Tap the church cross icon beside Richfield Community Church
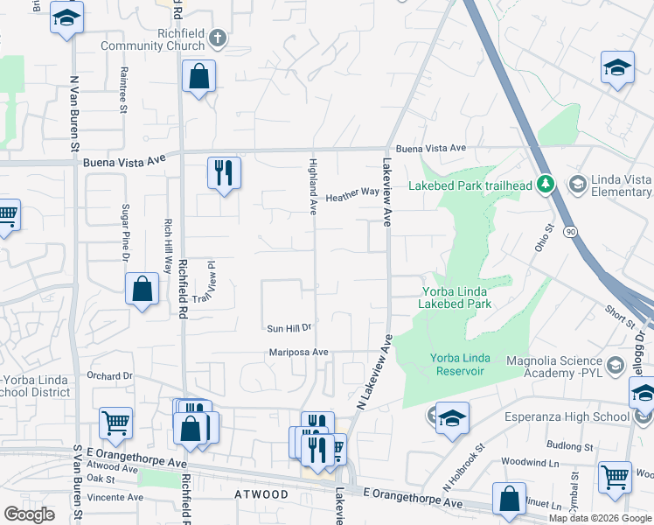(x=218, y=38)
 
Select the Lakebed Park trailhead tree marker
(x=546, y=183)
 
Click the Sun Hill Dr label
(x=289, y=328)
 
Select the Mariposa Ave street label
(x=298, y=352)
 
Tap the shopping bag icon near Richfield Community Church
(x=199, y=76)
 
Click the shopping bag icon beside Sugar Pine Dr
(x=142, y=289)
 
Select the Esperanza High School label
(x=567, y=416)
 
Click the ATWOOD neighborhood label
(x=261, y=494)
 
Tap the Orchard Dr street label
(x=108, y=375)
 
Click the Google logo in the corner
(x=29, y=514)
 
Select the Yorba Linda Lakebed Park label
(x=456, y=297)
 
